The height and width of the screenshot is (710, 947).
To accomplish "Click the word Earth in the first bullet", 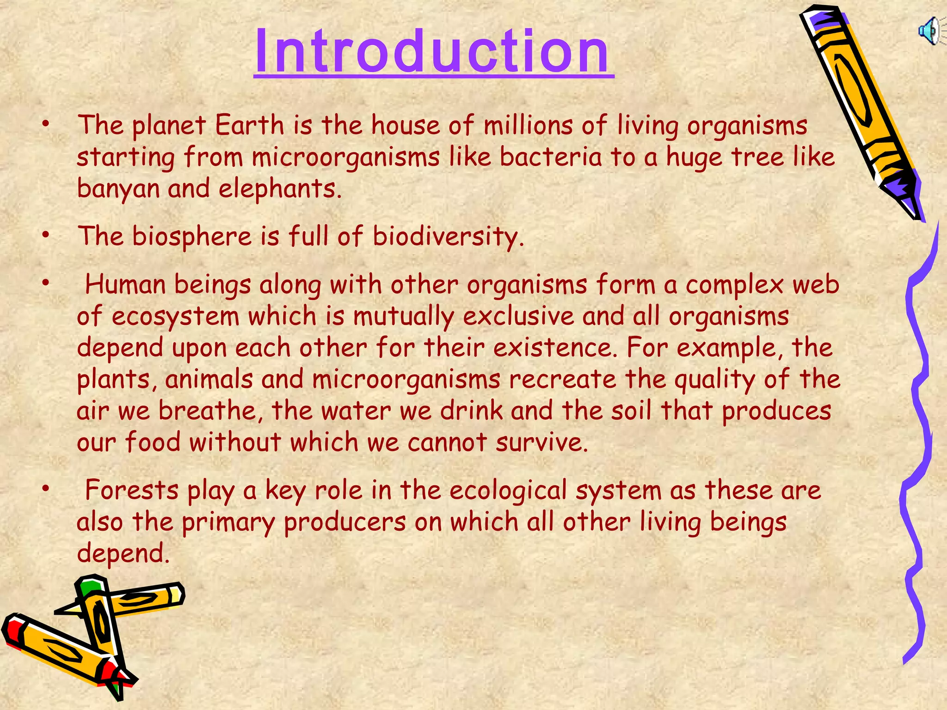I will click(x=249, y=125).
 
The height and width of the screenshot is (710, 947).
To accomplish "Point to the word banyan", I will click(x=117, y=190).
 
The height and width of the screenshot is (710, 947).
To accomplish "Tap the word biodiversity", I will click(x=448, y=237).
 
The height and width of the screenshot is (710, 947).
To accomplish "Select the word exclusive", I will click(x=518, y=317).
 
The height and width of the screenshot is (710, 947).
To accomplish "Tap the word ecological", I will click(x=508, y=491).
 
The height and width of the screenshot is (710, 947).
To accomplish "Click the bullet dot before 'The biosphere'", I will click(x=45, y=236).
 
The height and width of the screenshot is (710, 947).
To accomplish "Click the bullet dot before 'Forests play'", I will click(x=45, y=489).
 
